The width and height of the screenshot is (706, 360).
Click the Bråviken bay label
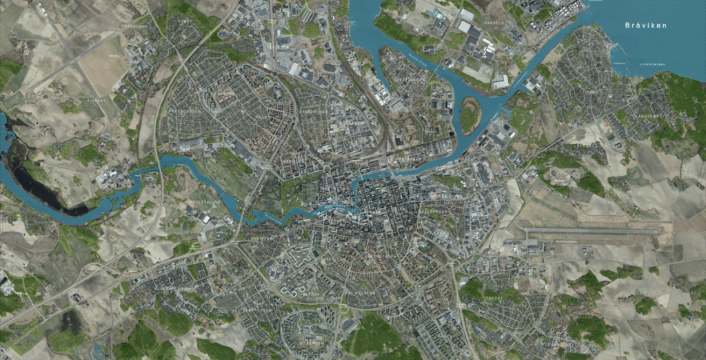point(645,26)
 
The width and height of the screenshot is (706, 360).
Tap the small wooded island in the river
point(470,115)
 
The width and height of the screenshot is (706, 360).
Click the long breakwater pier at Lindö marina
point(625,59)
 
